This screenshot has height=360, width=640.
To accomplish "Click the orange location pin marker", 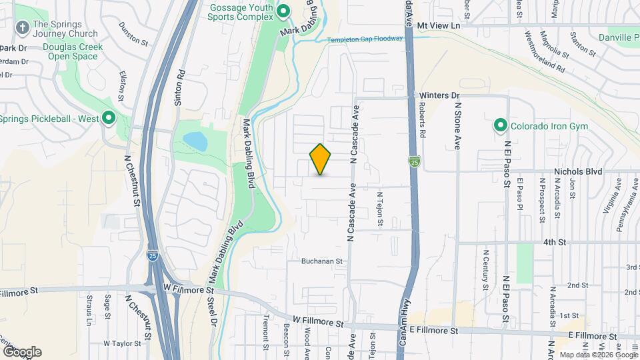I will coord(321,159).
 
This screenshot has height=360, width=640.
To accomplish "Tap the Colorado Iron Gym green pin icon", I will coord(499,125).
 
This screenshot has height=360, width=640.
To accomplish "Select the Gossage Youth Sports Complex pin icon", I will coord(283,11).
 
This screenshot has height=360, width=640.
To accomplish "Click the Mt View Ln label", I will coord(439,25).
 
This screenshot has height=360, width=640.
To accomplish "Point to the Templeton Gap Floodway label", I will coord(365,39).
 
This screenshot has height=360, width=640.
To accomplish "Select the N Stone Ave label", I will coord(458,124).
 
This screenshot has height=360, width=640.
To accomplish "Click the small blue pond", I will coord(195,141).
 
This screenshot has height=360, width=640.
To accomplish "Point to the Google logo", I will coord(22,352).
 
